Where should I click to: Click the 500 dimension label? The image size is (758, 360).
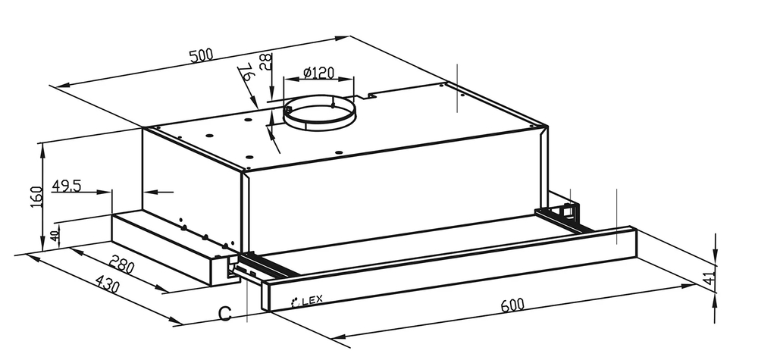point(202,55)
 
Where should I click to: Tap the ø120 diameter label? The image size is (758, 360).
point(318,73)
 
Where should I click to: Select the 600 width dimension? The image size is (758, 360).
point(512,305)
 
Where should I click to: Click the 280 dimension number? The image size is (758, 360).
point(121,265)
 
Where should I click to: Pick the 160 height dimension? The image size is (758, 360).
point(36,196)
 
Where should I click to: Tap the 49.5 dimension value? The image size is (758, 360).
point(66,185)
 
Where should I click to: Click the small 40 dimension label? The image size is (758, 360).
point(55,236)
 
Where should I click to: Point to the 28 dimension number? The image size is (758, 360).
point(265,62)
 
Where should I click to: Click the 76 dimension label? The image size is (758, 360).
point(246,73)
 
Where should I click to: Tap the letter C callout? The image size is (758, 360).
point(225,314)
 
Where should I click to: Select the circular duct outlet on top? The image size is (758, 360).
point(319,113)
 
